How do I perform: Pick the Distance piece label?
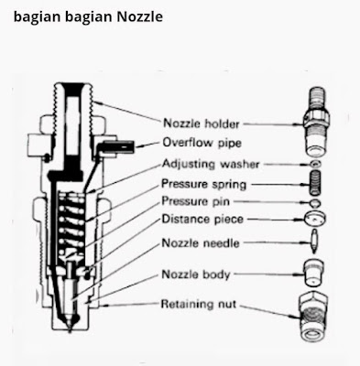click(x=202, y=220)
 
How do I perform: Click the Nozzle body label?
click(x=197, y=274)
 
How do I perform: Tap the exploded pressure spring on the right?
click(x=314, y=183)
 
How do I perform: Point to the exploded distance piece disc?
click(x=314, y=220)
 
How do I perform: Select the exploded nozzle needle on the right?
click(x=314, y=243)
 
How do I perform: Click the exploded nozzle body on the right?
click(x=314, y=273)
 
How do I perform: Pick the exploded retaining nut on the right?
click(x=314, y=306)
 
